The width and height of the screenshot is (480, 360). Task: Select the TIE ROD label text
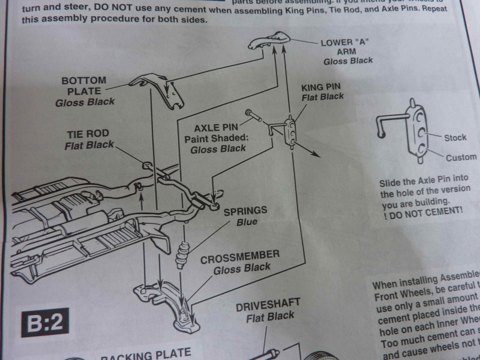[88, 135]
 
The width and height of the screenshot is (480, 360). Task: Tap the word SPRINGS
[246, 211]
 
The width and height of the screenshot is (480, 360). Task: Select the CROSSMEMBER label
[239, 255]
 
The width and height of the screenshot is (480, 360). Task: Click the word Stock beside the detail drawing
[455, 137]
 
